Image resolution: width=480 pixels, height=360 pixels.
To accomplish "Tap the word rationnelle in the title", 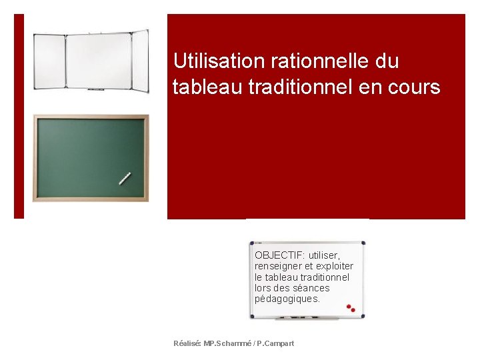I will tap(320, 61).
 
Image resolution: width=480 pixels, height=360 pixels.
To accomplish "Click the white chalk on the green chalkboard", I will tap(125, 178).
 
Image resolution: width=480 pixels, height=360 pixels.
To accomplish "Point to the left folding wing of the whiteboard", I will tap(49, 61).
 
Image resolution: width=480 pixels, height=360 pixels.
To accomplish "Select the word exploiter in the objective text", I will tap(333, 266).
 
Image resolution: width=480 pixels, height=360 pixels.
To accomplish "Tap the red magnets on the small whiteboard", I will tap(351, 308).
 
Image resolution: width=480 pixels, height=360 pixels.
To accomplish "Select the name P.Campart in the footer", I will tap(275, 343).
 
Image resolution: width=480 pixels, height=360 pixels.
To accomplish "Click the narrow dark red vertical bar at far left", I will tap(19, 116).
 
